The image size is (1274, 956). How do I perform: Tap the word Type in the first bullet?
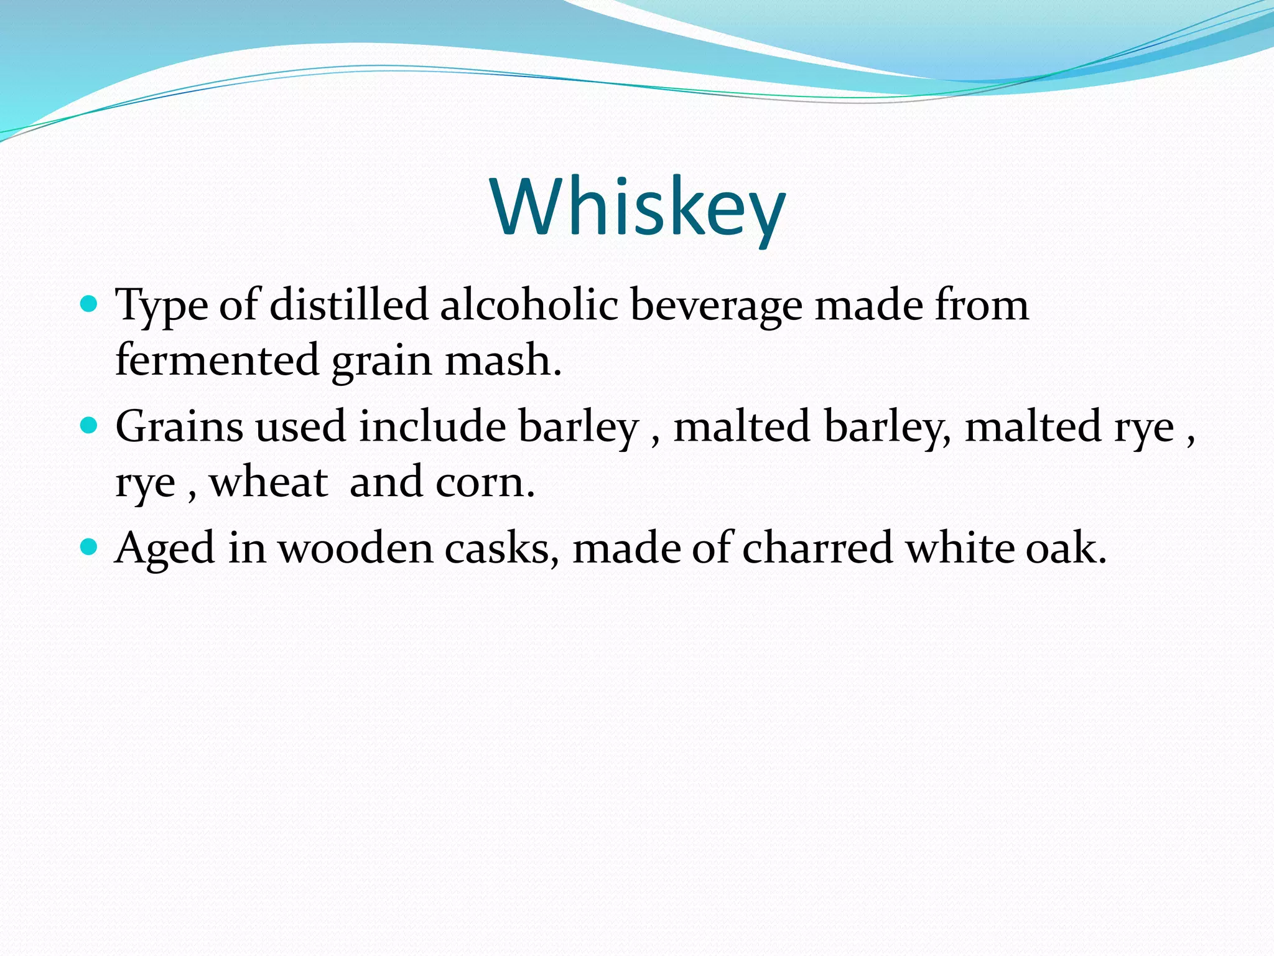[x=162, y=306]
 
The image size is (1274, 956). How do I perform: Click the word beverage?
[x=716, y=306]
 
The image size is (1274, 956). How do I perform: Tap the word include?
[x=432, y=427]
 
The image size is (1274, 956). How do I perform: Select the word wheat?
[x=268, y=482]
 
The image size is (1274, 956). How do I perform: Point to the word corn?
[x=485, y=483]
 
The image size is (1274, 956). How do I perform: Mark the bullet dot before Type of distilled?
[x=90, y=304]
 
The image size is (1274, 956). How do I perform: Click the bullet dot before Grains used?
[x=90, y=426]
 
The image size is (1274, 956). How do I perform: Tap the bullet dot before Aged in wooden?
[x=90, y=548]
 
